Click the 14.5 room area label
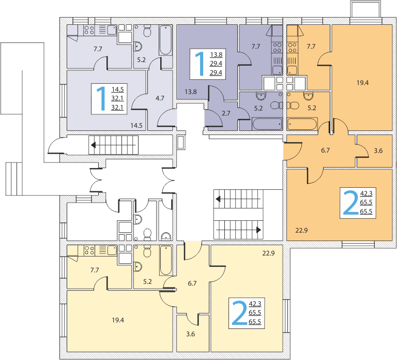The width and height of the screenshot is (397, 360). pyautogui.click(x=136, y=125)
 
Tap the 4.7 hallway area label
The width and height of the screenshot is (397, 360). pyautogui.click(x=160, y=98)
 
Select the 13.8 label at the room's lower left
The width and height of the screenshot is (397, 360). pyautogui.click(x=190, y=92)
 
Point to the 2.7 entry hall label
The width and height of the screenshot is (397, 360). pyautogui.click(x=226, y=113)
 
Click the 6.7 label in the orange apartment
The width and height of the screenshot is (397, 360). pyautogui.click(x=325, y=150)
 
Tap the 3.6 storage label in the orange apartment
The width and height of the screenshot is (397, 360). pyautogui.click(x=378, y=151)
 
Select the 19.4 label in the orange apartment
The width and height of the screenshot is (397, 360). pyautogui.click(x=362, y=83)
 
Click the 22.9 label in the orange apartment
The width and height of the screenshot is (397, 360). pyautogui.click(x=301, y=230)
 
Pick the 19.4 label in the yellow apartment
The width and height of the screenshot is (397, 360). pyautogui.click(x=118, y=320)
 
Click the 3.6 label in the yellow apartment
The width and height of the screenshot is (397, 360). pyautogui.click(x=190, y=334)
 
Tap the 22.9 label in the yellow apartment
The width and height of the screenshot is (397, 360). pyautogui.click(x=268, y=253)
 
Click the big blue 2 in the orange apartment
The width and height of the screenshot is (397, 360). pyautogui.click(x=350, y=203)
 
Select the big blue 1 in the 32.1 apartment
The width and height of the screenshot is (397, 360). pyautogui.click(x=102, y=99)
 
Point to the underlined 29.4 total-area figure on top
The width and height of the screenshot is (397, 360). pyautogui.click(x=216, y=63)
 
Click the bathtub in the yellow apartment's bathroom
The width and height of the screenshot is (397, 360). pyautogui.click(x=165, y=260)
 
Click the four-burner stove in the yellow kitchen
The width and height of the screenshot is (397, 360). pyautogui.click(x=89, y=250)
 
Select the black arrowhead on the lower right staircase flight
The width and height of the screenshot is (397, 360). pyautogui.click(x=258, y=230)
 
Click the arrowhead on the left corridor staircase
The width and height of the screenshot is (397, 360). pyautogui.click(x=94, y=145)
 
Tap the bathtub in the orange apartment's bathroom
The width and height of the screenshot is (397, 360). pyautogui.click(x=302, y=124)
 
